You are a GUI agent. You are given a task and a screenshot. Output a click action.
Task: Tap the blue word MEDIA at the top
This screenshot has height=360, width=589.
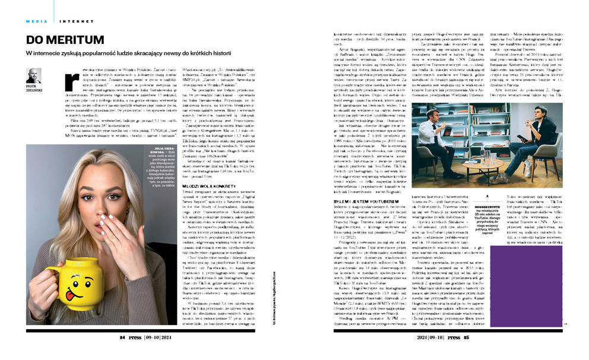[x=37, y=21]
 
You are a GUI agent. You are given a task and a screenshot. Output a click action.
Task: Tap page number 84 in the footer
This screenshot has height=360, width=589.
[x=123, y=337]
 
